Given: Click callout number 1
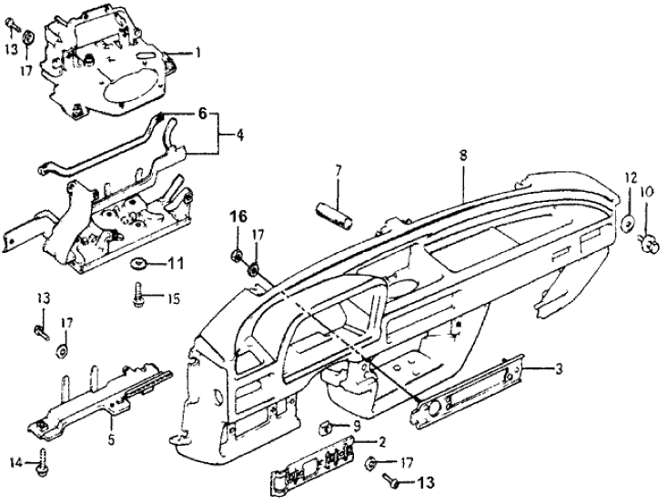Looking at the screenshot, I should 197,54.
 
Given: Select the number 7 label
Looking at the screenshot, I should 338,169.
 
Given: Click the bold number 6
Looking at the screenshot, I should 201,116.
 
